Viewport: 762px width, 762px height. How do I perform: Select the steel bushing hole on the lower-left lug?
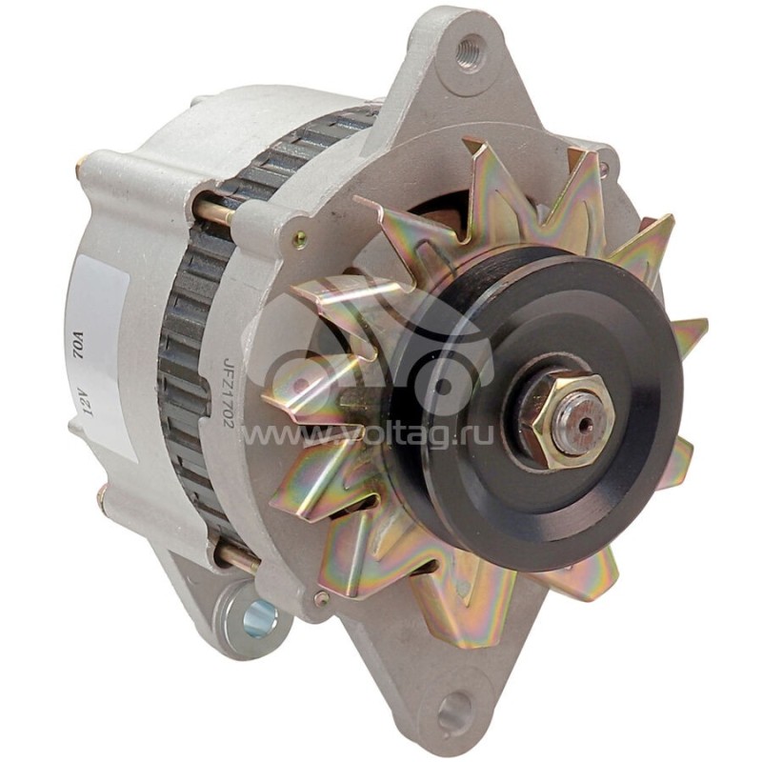coord(257,620)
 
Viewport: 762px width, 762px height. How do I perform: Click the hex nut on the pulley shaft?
coord(559,417)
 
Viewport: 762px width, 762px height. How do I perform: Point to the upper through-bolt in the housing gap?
coord(215,211)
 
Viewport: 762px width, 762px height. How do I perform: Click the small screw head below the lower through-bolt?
coord(323,598)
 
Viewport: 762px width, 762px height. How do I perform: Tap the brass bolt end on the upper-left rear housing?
coord(82,161)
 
